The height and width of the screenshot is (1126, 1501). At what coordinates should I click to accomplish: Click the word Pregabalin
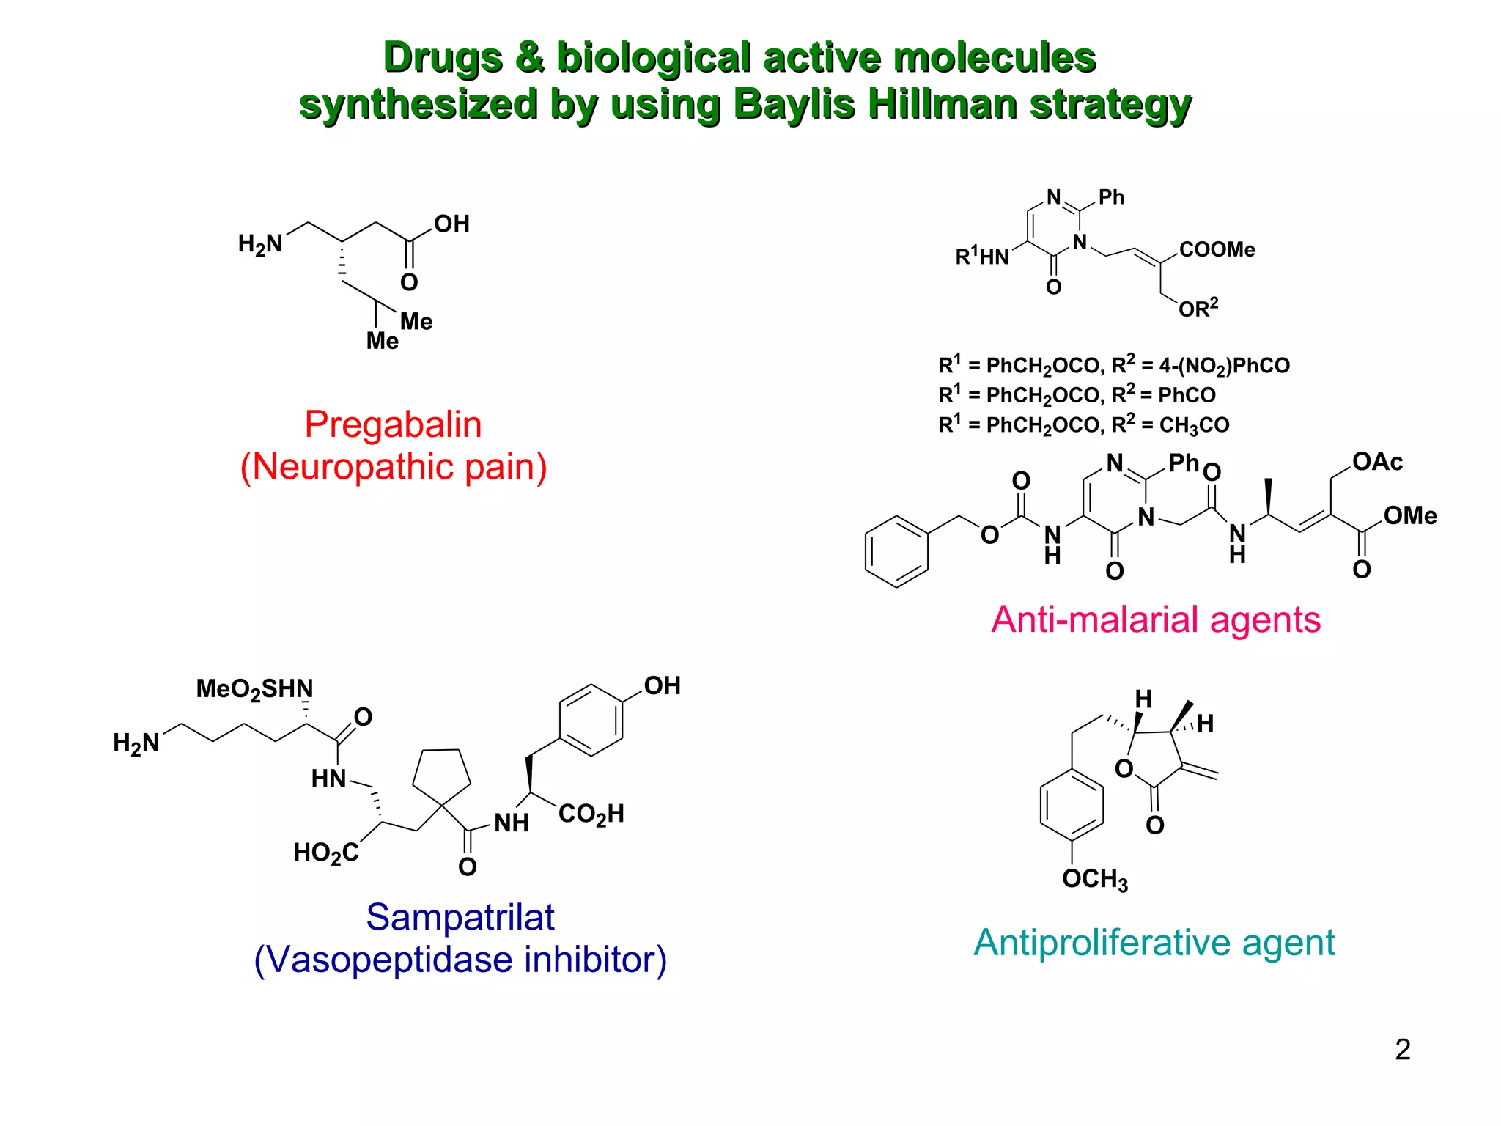point(393,424)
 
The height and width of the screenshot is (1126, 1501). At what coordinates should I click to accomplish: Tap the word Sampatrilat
point(460,917)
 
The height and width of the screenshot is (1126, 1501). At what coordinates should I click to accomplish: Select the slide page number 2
point(1402,1050)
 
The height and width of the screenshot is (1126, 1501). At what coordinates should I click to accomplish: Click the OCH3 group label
point(1094,879)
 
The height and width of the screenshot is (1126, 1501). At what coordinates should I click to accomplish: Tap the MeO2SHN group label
point(254,689)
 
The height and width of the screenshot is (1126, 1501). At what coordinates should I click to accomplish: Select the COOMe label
point(1217,250)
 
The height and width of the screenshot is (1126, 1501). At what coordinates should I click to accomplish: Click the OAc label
point(1377,462)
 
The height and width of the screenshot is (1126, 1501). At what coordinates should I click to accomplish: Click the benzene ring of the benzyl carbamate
point(897,551)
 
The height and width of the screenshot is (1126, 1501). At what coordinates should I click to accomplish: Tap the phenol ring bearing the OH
point(591,720)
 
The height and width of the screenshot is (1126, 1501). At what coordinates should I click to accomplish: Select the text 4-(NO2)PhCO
point(1224,365)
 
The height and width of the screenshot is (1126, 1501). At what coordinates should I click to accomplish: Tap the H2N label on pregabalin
point(260,244)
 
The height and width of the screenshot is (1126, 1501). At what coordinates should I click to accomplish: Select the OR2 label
point(1198,308)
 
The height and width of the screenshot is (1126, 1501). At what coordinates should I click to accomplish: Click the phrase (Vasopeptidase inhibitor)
point(460,960)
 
